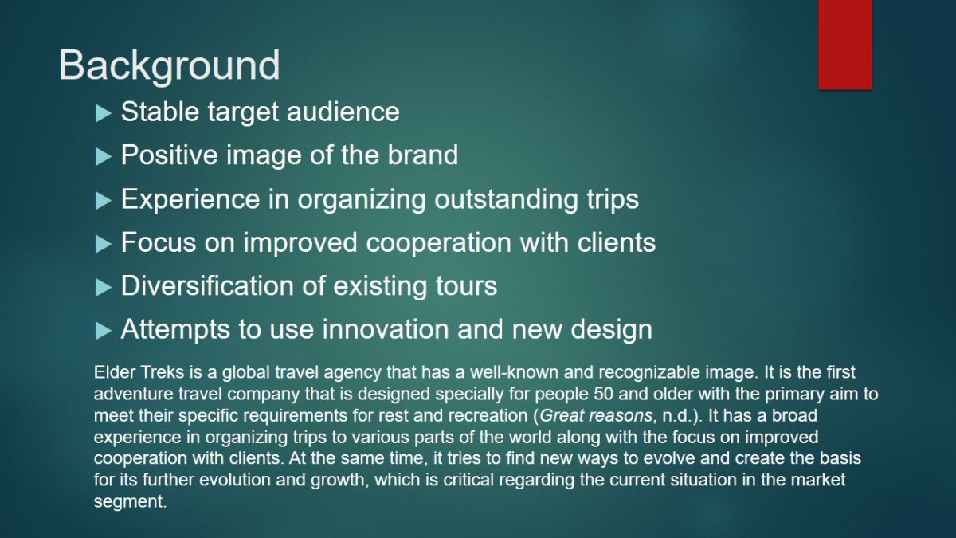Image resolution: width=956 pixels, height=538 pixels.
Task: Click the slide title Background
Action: pyautogui.click(x=169, y=66)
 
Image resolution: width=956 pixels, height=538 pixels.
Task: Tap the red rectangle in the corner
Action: pyautogui.click(x=845, y=45)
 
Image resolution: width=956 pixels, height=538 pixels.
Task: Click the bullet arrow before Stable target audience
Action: pyautogui.click(x=103, y=113)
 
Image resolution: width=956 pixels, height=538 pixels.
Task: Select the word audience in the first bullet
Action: pyautogui.click(x=343, y=112)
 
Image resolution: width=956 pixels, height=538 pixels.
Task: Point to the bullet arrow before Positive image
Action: pyautogui.click(x=103, y=157)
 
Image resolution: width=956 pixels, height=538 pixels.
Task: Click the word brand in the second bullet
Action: pyautogui.click(x=422, y=155)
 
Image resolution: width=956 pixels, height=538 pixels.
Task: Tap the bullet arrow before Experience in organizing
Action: pyautogui.click(x=103, y=201)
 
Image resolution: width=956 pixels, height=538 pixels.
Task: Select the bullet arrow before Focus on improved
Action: pyautogui.click(x=103, y=244)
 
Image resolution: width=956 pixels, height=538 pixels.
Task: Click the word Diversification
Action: pyautogui.click(x=208, y=285)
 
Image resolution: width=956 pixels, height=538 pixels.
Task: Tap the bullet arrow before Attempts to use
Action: pyautogui.click(x=103, y=331)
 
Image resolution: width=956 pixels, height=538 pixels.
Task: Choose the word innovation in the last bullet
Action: pyautogui.click(x=386, y=329)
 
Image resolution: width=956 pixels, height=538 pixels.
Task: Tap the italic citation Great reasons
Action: pyautogui.click(x=596, y=415)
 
